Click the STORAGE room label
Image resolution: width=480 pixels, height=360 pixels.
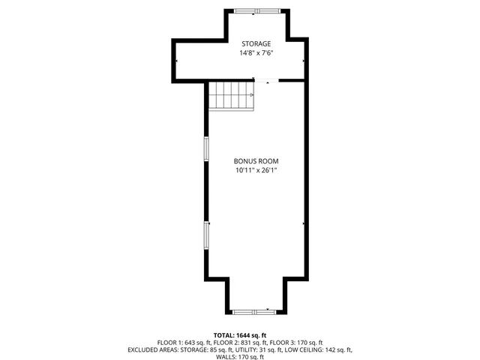(255, 44)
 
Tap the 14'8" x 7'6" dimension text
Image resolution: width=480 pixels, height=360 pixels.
(255, 53)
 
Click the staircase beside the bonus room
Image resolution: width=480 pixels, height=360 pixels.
(232, 95)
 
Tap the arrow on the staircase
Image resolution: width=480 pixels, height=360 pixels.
(249, 95)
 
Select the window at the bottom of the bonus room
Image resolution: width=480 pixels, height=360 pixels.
(250, 310)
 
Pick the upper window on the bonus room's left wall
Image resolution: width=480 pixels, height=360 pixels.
(206, 148)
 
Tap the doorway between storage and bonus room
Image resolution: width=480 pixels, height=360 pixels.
(268, 80)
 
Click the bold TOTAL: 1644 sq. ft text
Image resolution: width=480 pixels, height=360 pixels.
(240, 334)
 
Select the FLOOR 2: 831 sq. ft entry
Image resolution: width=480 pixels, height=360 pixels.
(240, 342)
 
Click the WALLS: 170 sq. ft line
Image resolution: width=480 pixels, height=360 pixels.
(240, 357)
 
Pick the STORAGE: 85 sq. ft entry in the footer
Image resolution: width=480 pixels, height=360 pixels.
(202, 349)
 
